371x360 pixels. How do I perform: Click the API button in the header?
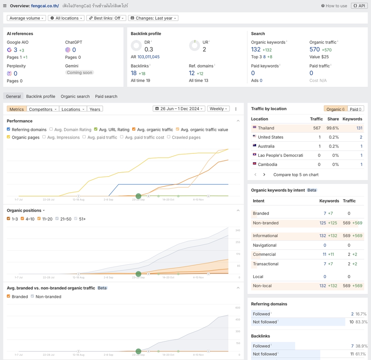click(x=359, y=6)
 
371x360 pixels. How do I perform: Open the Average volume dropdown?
click(x=27, y=18)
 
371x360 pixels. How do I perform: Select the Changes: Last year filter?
click(x=153, y=18)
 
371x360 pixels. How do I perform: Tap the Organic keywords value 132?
click(x=256, y=49)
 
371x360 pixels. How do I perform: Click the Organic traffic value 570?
click(x=315, y=49)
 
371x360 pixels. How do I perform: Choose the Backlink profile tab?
click(x=41, y=97)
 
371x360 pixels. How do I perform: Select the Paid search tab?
click(x=106, y=97)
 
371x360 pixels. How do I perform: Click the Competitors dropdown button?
click(x=43, y=109)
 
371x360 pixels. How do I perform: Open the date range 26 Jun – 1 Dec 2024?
click(x=179, y=109)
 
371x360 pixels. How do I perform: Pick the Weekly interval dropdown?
click(x=218, y=109)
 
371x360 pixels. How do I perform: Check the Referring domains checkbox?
click(x=9, y=129)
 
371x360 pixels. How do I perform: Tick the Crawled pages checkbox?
click(x=169, y=137)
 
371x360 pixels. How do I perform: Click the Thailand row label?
click(x=266, y=128)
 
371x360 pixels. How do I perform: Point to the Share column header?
click(x=333, y=119)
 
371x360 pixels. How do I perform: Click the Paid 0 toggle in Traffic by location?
click(x=356, y=109)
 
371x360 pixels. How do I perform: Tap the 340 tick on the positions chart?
click(x=238, y=231)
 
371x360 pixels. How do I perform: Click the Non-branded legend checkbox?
click(x=32, y=297)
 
